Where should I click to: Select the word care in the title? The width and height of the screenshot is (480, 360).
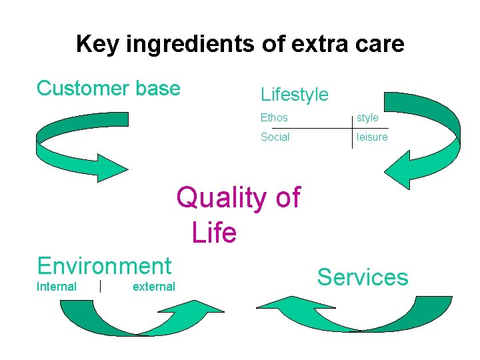[x=379, y=45]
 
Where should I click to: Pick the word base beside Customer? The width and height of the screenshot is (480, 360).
[x=158, y=89]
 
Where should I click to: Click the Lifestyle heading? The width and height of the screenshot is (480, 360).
[x=294, y=95]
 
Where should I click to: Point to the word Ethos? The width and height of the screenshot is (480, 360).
[x=274, y=118]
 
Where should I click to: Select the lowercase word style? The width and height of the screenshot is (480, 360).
[x=367, y=118]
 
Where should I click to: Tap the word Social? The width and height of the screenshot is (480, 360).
[x=275, y=137]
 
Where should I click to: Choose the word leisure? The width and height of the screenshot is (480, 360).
[x=372, y=137]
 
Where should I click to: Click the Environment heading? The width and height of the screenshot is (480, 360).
[x=105, y=266]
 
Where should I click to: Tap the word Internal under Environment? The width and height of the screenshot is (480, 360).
[x=57, y=287]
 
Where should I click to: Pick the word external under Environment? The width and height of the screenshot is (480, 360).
[x=154, y=287]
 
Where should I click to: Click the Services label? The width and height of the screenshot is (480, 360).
[x=363, y=277]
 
